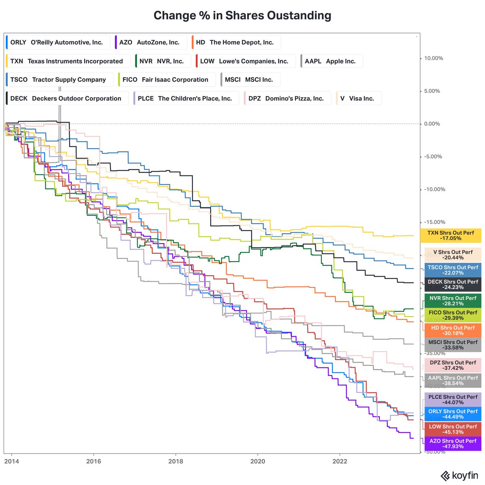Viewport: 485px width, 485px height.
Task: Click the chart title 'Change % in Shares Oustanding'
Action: coord(242,15)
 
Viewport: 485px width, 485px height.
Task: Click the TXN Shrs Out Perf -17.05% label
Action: coord(451,236)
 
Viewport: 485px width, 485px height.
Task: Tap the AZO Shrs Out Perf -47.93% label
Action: coord(453,443)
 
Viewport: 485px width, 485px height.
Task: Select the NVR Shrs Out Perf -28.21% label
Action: coord(453,301)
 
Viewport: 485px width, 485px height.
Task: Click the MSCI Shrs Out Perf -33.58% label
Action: coord(453,345)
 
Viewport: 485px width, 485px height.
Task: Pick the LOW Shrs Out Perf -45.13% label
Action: coord(453,429)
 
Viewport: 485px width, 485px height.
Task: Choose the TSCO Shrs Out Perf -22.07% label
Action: coord(453,270)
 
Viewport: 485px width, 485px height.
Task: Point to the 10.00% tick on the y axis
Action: coord(433,58)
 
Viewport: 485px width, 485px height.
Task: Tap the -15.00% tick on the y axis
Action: coord(434,222)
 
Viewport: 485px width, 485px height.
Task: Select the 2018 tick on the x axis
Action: coord(175,461)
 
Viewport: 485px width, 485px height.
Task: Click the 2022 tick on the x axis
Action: coord(339,461)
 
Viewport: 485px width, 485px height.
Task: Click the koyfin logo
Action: coord(459,476)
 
